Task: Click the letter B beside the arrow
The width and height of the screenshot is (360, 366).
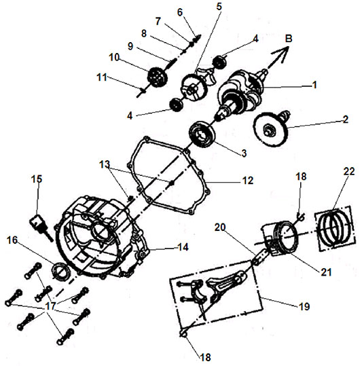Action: (x=289, y=39)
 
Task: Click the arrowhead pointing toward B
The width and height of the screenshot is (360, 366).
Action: (x=283, y=52)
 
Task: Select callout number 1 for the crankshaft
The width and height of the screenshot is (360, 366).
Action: (x=314, y=85)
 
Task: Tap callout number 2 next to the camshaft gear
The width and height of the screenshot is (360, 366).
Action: (x=346, y=120)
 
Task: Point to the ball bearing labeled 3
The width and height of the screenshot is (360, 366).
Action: (x=201, y=134)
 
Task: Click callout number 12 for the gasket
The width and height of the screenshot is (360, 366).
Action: (x=248, y=181)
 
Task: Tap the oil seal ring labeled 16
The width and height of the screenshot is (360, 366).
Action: (x=60, y=271)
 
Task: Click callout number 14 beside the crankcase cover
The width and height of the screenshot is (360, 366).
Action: (x=183, y=247)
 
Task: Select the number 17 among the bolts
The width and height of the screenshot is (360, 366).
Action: (x=50, y=306)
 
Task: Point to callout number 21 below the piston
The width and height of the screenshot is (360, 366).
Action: (x=326, y=272)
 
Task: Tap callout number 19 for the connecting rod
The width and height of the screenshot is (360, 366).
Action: (x=304, y=306)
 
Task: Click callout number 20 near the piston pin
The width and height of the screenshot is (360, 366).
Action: (x=220, y=227)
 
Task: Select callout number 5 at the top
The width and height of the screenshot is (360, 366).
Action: (x=219, y=7)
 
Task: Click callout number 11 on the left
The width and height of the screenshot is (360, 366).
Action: (x=102, y=77)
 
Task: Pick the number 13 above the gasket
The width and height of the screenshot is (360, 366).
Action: (x=105, y=164)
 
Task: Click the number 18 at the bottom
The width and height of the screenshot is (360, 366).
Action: (x=205, y=357)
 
